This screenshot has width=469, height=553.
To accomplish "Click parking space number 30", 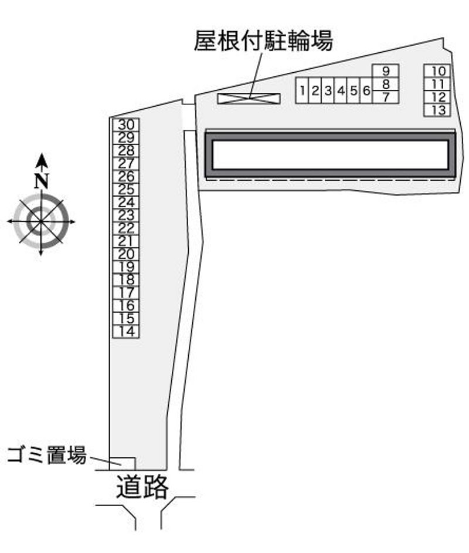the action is (x=126, y=125).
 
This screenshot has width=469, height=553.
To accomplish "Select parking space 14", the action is (x=126, y=332).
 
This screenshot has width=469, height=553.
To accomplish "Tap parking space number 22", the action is (x=126, y=228).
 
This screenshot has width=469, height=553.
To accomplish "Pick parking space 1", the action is (x=302, y=90).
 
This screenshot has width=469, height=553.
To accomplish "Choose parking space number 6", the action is (x=366, y=90).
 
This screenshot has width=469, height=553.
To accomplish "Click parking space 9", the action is (x=386, y=71).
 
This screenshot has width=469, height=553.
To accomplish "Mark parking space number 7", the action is (x=386, y=97).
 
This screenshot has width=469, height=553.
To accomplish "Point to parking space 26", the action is (x=126, y=176).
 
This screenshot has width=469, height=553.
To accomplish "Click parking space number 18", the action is (x=126, y=280).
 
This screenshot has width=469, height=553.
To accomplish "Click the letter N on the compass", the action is (x=42, y=181).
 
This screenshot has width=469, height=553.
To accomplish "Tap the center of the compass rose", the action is (x=41, y=221).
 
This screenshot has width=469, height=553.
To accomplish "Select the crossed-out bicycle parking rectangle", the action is (x=249, y=99).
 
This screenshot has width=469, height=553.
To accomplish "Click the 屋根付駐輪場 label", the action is (x=263, y=41).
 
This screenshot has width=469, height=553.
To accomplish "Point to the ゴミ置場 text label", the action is (x=47, y=455).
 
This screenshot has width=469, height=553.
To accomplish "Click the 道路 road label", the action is (x=142, y=487).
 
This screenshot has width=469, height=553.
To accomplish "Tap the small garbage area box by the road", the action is (x=122, y=464).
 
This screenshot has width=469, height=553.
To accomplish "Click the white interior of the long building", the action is (x=330, y=154).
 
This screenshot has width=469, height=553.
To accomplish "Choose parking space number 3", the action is (x=328, y=90).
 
